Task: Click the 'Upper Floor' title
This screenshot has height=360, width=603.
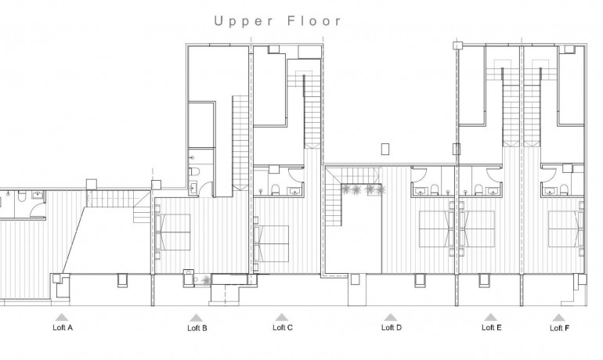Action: pyautogui.click(x=278, y=21)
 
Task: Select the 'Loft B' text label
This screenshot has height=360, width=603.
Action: pyautogui.click(x=197, y=329)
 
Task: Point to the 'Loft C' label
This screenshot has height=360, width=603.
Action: pyautogui.click(x=282, y=328)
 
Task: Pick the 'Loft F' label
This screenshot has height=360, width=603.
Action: pyautogui.click(x=558, y=328)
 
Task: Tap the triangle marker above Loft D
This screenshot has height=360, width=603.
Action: pyautogui.click(x=389, y=317)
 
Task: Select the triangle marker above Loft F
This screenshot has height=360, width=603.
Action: pyautogui.click(x=558, y=317)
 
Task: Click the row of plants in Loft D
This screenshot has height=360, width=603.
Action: pyautogui.click(x=363, y=189)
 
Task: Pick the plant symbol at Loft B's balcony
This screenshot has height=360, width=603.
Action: pyautogui.click(x=205, y=279)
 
